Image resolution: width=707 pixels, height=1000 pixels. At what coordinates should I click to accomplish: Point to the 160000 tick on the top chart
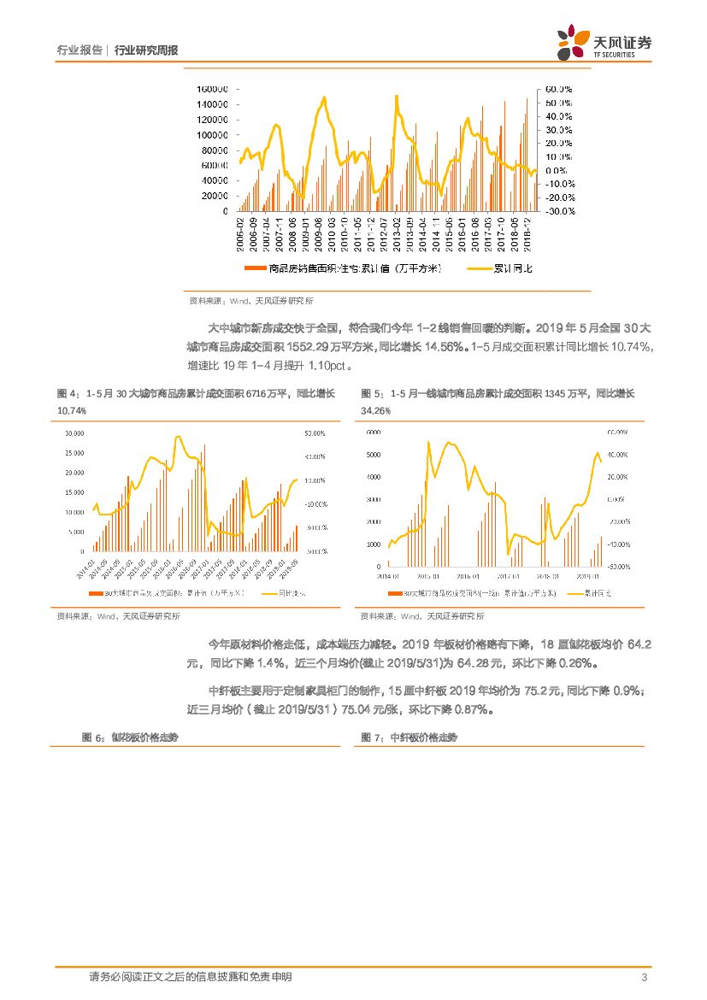click(x=211, y=89)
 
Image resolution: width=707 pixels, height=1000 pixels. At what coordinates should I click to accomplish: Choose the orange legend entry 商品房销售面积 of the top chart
click(x=342, y=268)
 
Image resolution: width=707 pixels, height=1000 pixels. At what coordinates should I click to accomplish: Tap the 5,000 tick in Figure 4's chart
click(x=76, y=532)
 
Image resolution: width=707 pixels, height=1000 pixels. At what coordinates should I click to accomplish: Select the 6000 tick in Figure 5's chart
click(x=374, y=432)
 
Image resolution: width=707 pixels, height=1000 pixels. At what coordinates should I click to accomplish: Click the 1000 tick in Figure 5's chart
click(x=374, y=544)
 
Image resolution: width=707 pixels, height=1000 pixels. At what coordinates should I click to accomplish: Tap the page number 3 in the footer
click(x=644, y=977)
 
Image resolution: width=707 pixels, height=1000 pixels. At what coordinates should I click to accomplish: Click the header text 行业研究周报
click(x=146, y=50)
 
